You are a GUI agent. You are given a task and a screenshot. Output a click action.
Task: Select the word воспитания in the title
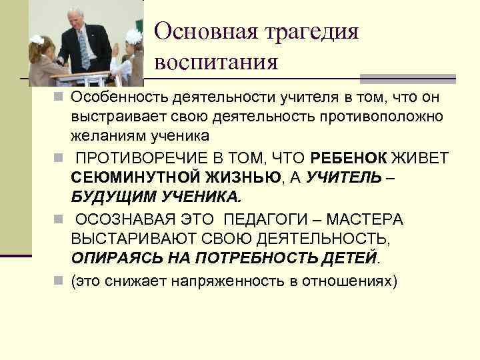click(216, 63)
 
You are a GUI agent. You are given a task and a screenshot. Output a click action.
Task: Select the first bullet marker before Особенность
click(63, 99)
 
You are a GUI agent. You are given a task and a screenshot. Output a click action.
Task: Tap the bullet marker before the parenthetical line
click(63, 281)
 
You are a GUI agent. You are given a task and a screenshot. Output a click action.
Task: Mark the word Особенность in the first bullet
click(121, 99)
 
